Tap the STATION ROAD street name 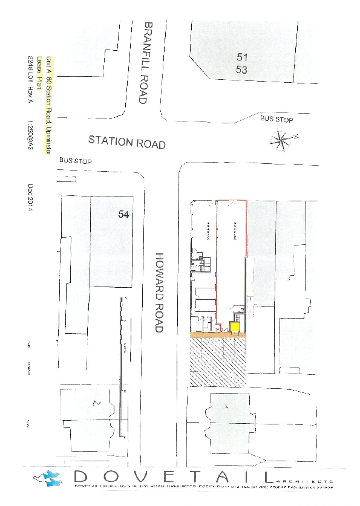(x=127, y=143)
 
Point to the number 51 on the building (x=243, y=56)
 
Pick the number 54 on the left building (x=124, y=214)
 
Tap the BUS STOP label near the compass (x=277, y=120)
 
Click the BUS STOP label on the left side (x=75, y=162)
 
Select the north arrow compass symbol (x=281, y=141)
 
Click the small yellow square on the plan (x=234, y=327)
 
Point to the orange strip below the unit (x=218, y=334)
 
